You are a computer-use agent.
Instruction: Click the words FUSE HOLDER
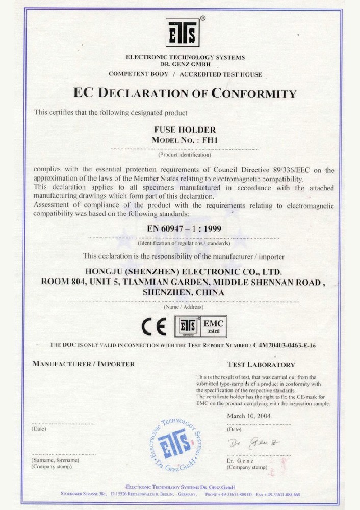tap(185, 130)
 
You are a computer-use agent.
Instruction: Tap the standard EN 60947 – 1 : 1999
tap(184, 228)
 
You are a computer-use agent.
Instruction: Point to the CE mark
tap(153, 326)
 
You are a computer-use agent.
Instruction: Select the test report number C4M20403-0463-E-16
tap(285, 345)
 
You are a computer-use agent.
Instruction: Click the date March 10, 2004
tap(249, 416)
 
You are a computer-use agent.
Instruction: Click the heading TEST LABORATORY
tap(261, 364)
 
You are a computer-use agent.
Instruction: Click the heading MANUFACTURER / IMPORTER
tap(83, 364)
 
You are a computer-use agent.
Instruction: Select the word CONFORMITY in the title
tap(253, 94)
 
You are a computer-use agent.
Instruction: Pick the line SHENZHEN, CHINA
tap(184, 292)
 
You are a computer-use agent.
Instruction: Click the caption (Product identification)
tap(184, 154)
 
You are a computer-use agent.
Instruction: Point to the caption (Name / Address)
tap(184, 307)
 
